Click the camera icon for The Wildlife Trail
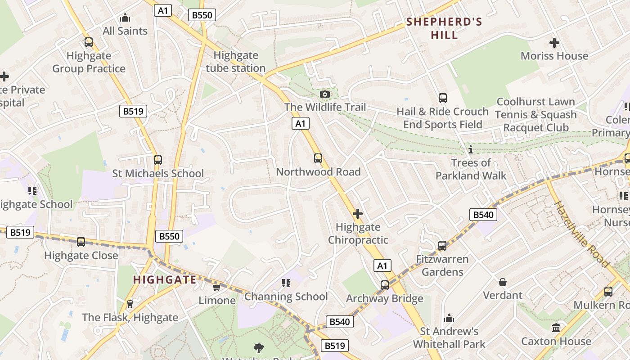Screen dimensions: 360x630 [x=324, y=94]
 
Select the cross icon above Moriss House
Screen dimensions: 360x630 [x=554, y=43]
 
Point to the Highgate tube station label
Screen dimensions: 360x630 [x=236, y=62]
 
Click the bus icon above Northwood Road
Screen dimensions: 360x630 [x=318, y=158]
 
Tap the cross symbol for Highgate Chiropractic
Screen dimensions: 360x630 [x=358, y=213]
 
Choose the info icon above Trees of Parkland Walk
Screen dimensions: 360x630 [x=471, y=149]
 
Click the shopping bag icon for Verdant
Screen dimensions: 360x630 [x=503, y=282]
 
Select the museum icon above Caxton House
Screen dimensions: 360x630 [x=556, y=328]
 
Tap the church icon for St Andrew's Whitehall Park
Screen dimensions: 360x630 [x=449, y=319]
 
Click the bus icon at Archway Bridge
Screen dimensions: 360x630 [x=385, y=285]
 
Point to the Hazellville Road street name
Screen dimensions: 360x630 [x=581, y=234]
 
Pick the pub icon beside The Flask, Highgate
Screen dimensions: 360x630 [x=130, y=304]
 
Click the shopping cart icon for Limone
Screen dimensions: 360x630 [x=216, y=287]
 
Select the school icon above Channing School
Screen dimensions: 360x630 [x=286, y=283]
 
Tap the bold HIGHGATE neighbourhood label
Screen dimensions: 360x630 [x=165, y=280]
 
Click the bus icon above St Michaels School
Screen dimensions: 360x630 [x=157, y=160]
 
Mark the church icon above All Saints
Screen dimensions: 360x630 [x=125, y=18]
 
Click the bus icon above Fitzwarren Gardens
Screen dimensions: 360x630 [x=442, y=246]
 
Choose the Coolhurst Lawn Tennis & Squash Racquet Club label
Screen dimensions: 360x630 [x=535, y=115]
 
